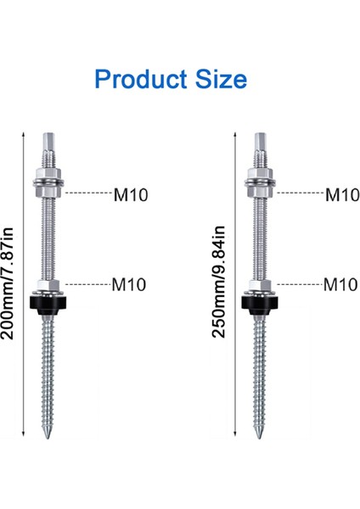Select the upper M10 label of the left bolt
coord(131,194)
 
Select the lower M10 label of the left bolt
coord(131,284)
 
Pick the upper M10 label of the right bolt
coord(342,194)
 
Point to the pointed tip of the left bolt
coord(46,434)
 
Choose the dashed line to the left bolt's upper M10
coord(85,193)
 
